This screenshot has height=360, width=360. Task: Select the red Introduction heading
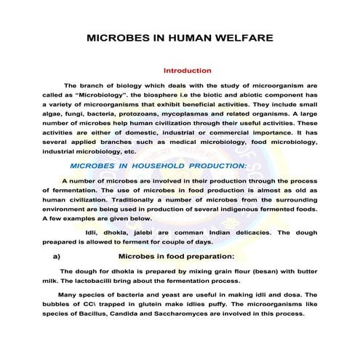(187, 71)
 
